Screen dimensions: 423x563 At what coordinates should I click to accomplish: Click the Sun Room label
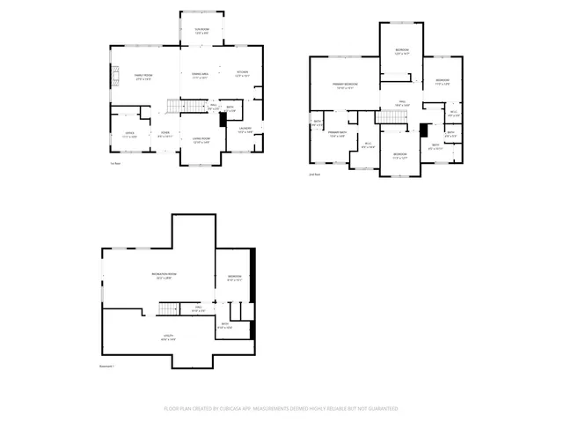pos(201,31)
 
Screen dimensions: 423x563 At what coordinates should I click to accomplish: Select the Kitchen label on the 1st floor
pos(242,73)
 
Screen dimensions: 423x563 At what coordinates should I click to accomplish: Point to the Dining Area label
pos(200,75)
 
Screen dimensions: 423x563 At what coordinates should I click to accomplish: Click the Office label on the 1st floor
pos(129,134)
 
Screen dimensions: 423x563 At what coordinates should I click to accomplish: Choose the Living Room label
pos(201,139)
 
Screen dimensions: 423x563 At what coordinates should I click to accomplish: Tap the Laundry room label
pos(245,130)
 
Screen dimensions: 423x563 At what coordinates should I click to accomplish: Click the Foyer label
pos(164,135)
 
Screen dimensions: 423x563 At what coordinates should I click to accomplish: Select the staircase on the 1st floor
pos(179,107)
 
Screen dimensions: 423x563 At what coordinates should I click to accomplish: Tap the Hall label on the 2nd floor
pos(404,102)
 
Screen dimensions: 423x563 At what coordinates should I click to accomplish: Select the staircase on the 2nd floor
pos(387,118)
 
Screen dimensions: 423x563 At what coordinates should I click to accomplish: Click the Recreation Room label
pos(160,276)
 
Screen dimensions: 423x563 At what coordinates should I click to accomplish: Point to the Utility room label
pos(166,336)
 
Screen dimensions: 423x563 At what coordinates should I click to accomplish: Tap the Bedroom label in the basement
pos(234,278)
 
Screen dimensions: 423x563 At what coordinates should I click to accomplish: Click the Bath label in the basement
pos(225,324)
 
